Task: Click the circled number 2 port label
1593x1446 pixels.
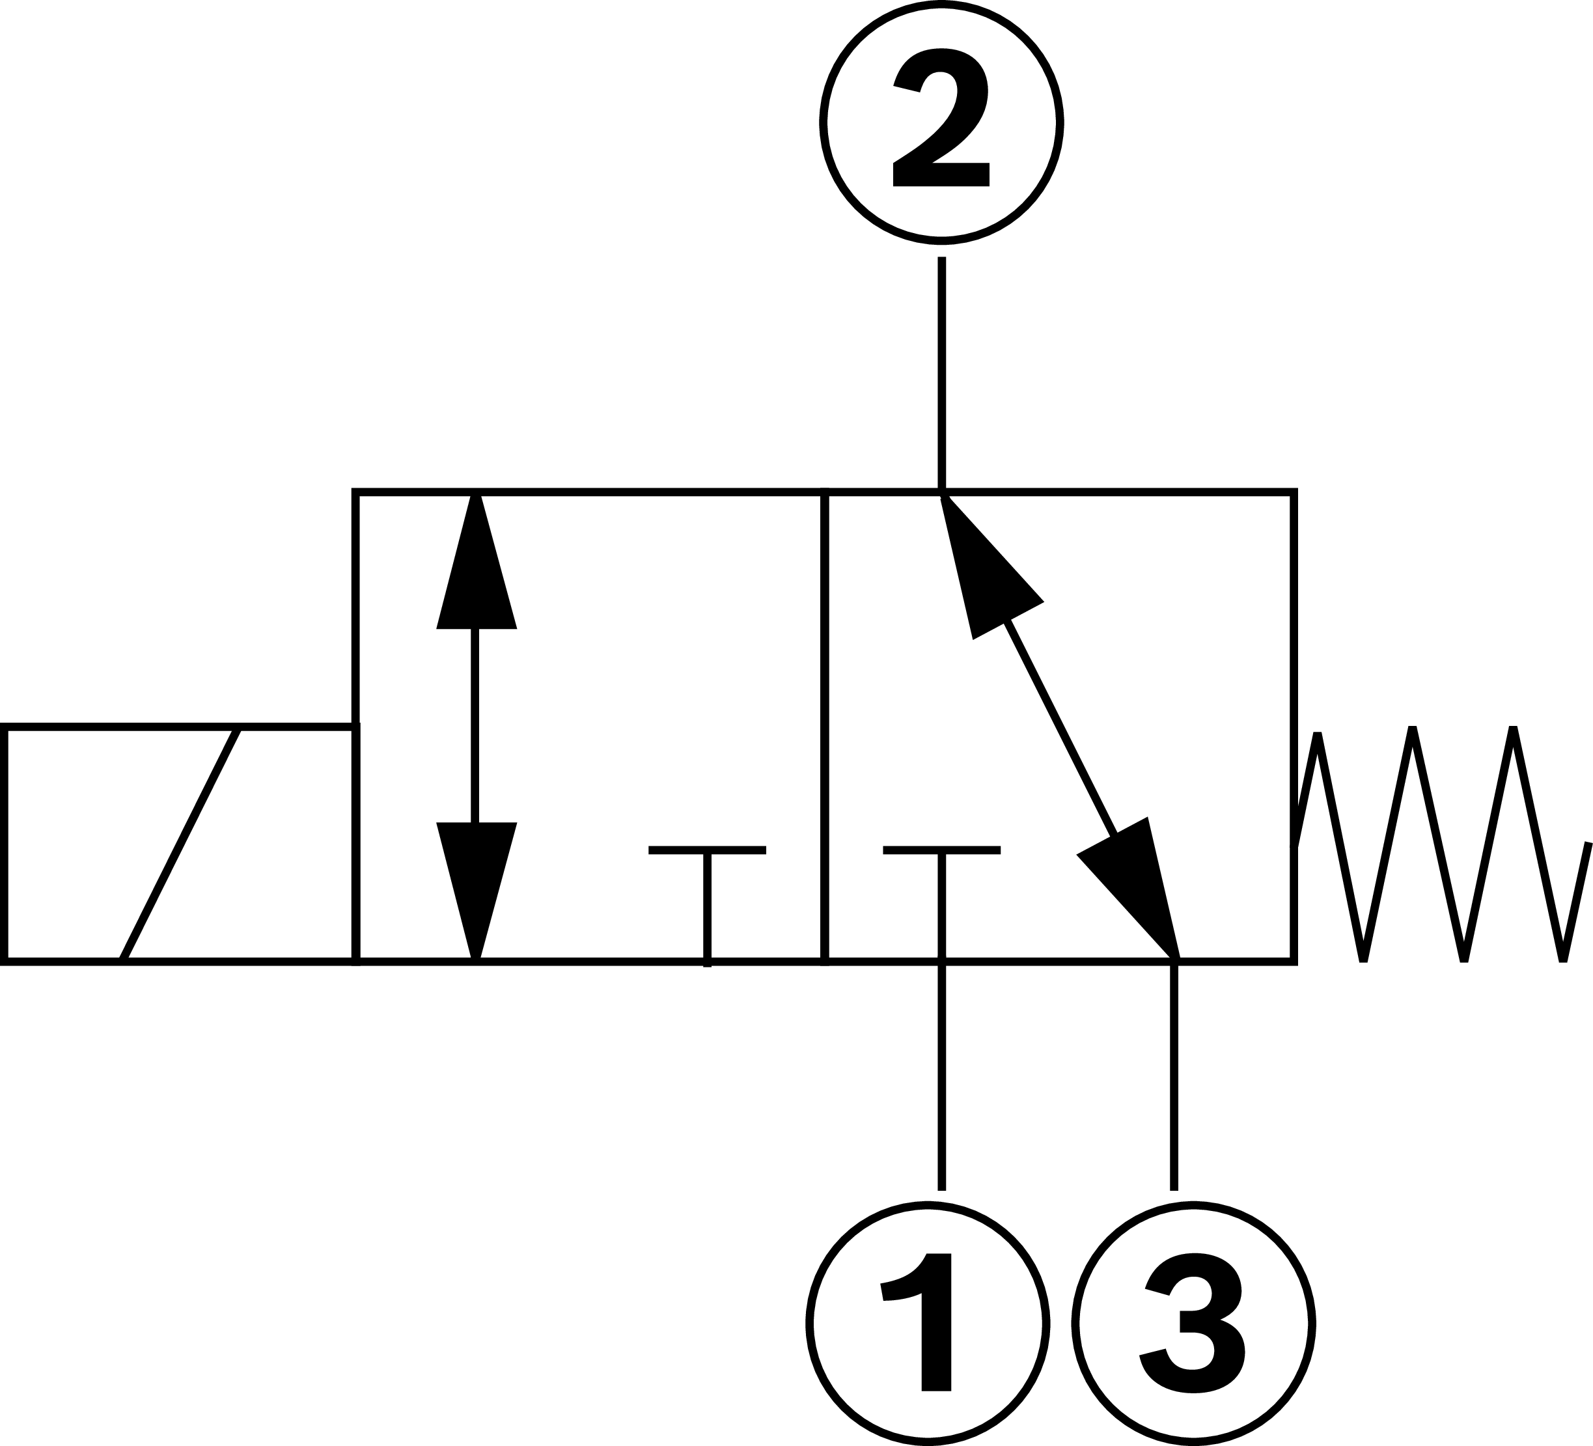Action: pyautogui.click(x=941, y=122)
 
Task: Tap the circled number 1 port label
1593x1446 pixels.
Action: pyautogui.click(x=928, y=1323)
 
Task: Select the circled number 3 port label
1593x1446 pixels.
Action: pyautogui.click(x=1193, y=1323)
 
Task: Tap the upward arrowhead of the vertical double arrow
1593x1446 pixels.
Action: pyautogui.click(x=476, y=569)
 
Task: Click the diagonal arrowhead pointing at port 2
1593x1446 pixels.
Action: pyautogui.click(x=984, y=569)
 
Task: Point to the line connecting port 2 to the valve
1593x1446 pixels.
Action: pyautogui.click(x=941, y=371)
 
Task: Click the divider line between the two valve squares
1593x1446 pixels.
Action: pyautogui.click(x=824, y=711)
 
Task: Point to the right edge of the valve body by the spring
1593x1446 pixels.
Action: pyautogui.click(x=1294, y=632)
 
